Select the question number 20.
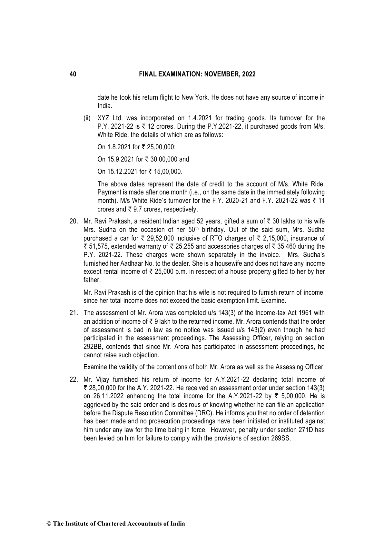click(74, 222)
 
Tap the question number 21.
click(74, 313)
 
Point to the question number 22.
click(74, 380)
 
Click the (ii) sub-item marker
click(87, 118)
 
